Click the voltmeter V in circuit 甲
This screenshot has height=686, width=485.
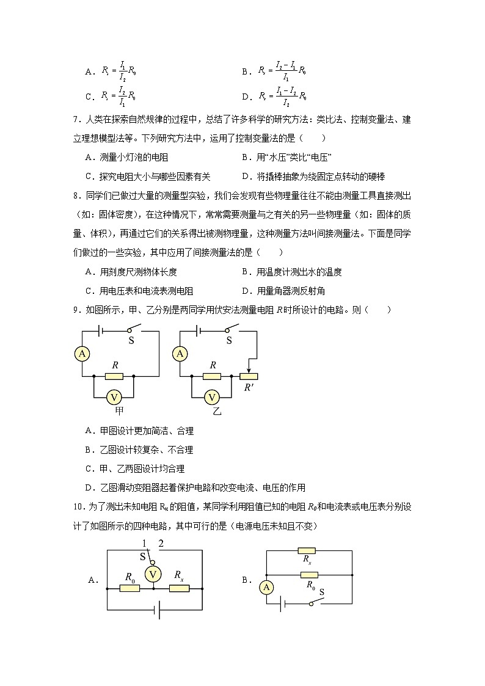click(114, 398)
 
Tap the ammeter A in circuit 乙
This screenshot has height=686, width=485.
click(180, 353)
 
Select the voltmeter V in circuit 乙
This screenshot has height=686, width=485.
click(212, 398)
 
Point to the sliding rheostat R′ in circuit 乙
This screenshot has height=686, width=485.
click(249, 376)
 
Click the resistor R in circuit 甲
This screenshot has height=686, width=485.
click(114, 376)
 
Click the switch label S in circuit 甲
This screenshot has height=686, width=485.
click(131, 341)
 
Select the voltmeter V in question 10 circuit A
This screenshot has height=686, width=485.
click(153, 574)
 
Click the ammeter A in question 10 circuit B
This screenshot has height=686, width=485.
click(266, 587)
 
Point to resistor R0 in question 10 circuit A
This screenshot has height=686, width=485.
click(129, 588)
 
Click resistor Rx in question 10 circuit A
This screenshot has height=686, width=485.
click(179, 588)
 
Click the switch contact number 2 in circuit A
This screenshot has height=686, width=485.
click(161, 544)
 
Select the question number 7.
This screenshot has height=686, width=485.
click(75, 120)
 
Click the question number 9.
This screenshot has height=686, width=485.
click(75, 310)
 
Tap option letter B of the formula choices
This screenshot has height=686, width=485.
click(245, 72)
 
